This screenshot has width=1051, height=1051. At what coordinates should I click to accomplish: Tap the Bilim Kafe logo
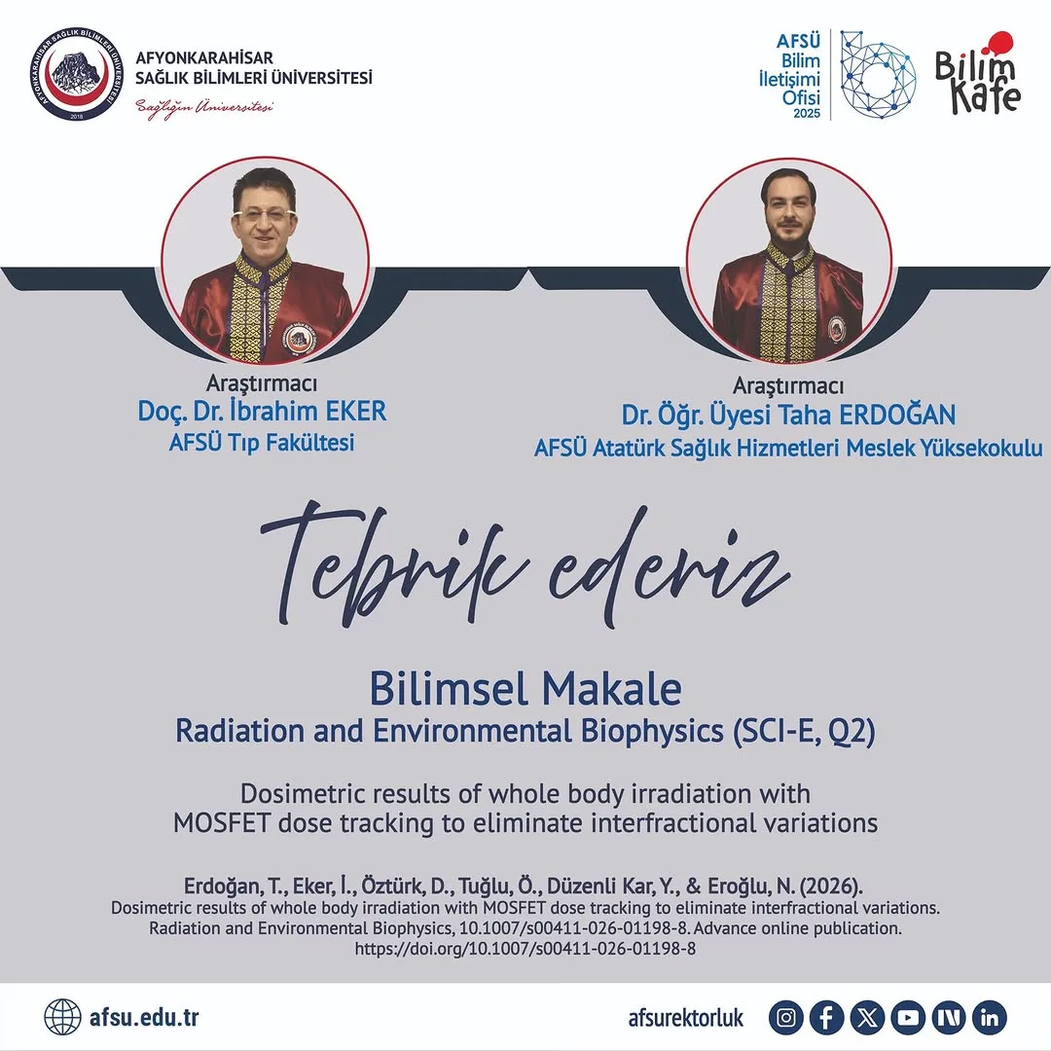pos(977,74)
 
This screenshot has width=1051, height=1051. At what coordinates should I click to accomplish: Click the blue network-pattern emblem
pos(878,74)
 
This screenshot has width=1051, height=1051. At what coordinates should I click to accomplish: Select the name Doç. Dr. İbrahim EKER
pos(262,412)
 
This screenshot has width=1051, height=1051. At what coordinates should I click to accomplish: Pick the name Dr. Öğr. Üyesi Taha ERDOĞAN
pos(788,416)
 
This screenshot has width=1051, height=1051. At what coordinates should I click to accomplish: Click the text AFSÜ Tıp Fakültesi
pos(262,444)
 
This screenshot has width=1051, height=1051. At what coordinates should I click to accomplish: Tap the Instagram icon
pos(786,1018)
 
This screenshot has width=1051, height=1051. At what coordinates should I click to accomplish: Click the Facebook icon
pos(827,1018)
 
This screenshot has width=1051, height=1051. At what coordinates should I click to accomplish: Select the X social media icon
pos(868,1018)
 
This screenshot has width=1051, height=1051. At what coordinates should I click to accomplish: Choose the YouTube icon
pos(909,1018)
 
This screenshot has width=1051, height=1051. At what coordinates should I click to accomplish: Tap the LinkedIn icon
pos(990,1018)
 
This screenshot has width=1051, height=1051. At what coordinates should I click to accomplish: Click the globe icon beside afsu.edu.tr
pos(62,1018)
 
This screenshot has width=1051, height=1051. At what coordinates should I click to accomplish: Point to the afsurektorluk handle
pos(686,1018)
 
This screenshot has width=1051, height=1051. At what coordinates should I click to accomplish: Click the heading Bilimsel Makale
pos(525,690)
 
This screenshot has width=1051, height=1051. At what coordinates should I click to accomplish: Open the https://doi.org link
pos(525,948)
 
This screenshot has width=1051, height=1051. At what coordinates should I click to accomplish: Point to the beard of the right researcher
pos(787,233)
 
